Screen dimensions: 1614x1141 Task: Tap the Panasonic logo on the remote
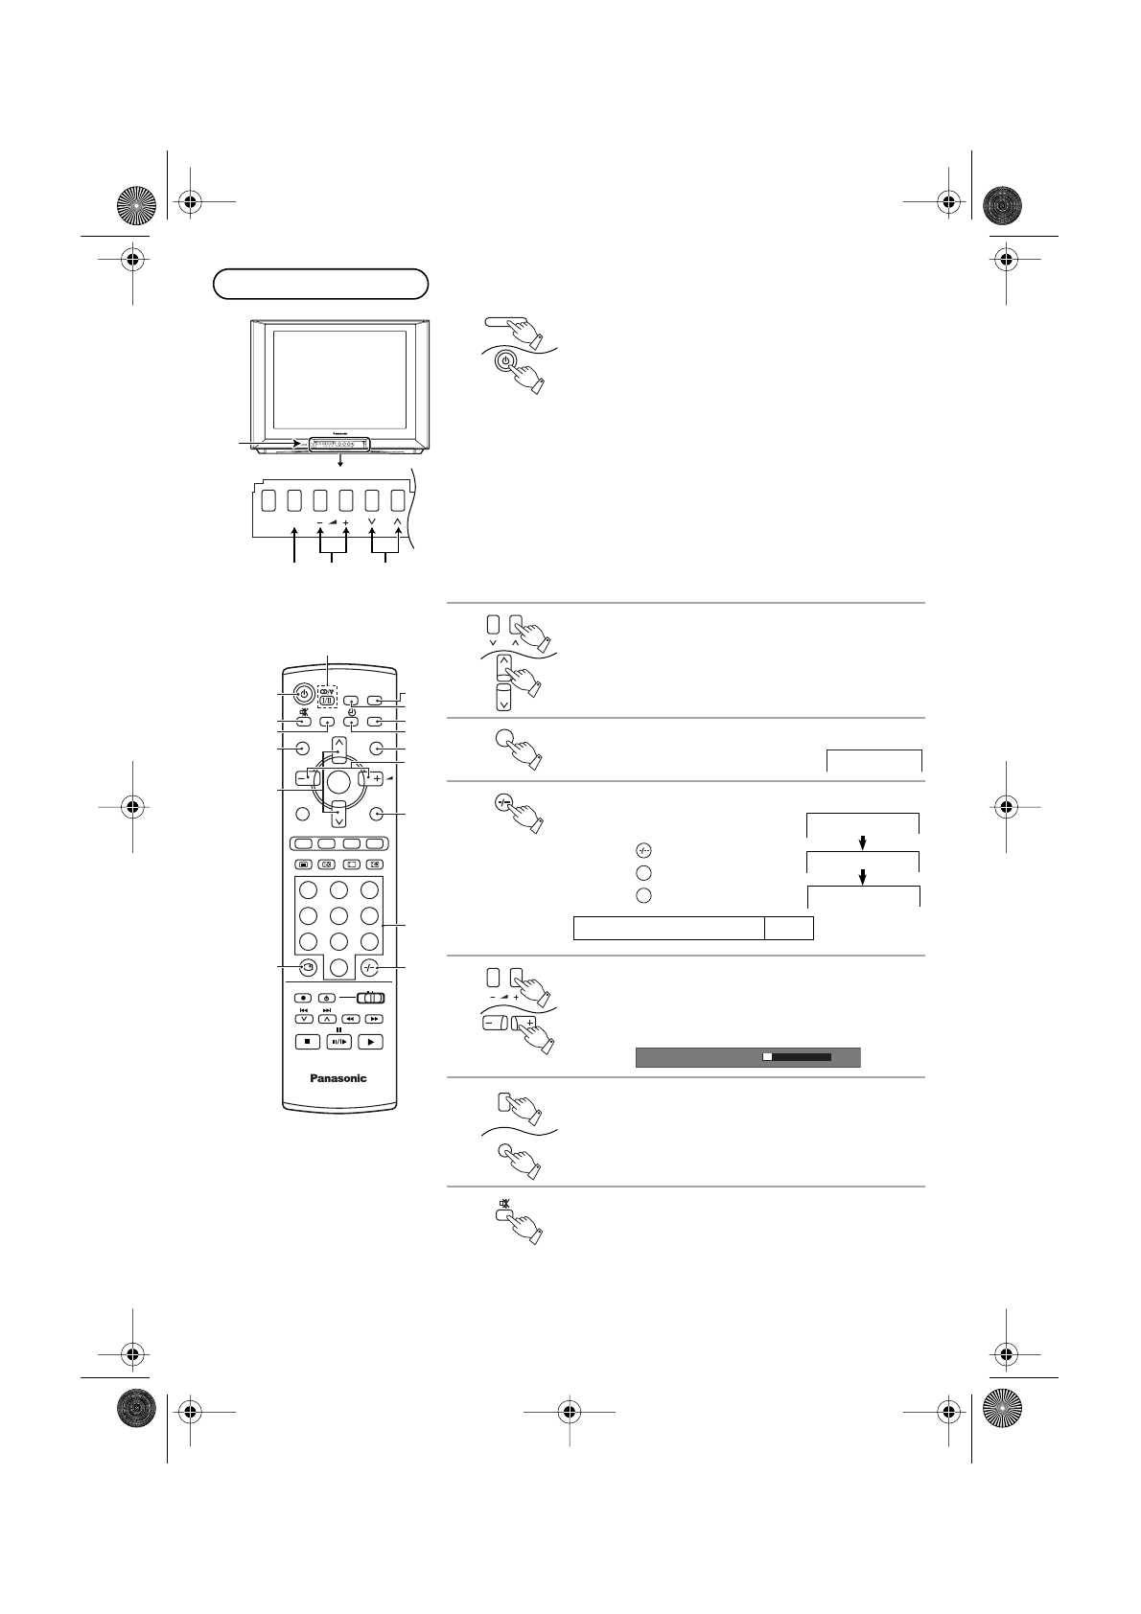(338, 1078)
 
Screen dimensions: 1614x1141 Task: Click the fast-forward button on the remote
(375, 1019)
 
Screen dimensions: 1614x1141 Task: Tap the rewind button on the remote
(351, 1019)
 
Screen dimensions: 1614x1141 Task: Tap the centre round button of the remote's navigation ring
(338, 778)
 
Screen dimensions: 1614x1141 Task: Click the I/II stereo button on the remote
(328, 701)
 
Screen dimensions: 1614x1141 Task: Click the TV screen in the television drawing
(339, 380)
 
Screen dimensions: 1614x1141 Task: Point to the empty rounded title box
(320, 284)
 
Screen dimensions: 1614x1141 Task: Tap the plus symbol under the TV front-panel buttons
(345, 522)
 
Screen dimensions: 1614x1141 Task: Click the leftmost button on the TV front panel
(268, 499)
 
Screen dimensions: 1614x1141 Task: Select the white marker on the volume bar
(767, 1057)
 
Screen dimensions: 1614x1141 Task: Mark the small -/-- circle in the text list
(644, 850)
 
